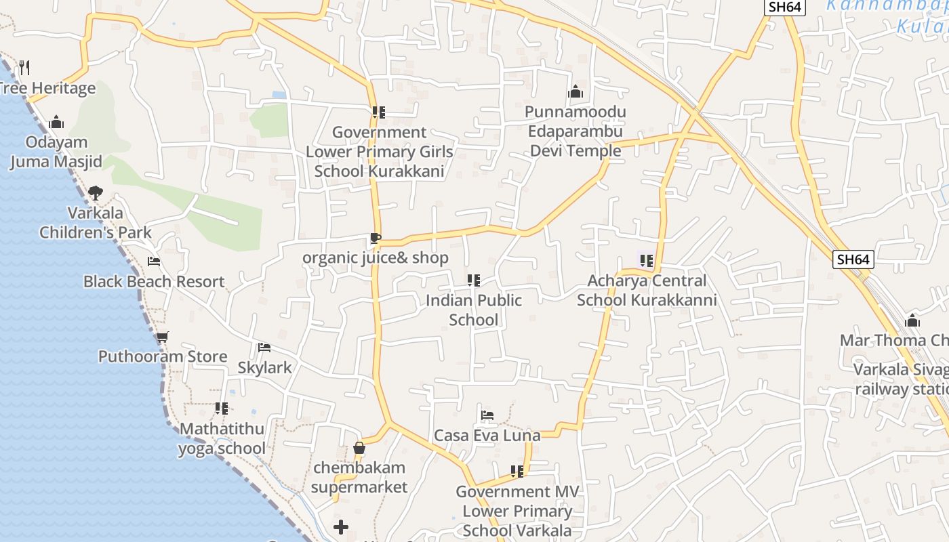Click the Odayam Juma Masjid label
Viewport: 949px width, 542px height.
tap(56, 152)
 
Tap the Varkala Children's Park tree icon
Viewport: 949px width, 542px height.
tap(96, 192)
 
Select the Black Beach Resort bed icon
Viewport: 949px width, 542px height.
tap(154, 262)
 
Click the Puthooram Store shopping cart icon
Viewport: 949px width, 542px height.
tap(162, 337)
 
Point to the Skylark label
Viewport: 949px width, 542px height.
tap(264, 367)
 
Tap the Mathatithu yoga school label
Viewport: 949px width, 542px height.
tap(222, 438)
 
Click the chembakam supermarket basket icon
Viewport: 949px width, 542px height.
tap(359, 448)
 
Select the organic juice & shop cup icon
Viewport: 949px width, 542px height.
tap(375, 238)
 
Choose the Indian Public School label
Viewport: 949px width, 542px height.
tap(474, 310)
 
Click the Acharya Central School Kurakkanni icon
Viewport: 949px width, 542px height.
tap(646, 260)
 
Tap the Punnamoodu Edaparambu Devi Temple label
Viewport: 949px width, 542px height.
tap(576, 131)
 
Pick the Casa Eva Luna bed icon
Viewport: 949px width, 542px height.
tap(487, 415)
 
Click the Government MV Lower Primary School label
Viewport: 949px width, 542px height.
tap(517, 511)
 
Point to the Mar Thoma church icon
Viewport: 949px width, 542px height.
tap(912, 320)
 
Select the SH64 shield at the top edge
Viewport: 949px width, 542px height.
tap(784, 7)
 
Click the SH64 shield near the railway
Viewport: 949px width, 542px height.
tap(853, 259)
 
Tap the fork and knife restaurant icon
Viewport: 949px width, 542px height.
tap(24, 67)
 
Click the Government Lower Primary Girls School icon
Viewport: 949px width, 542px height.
tap(378, 112)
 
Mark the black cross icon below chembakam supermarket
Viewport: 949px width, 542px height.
tap(341, 526)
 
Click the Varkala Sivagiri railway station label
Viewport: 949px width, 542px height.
tap(902, 379)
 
